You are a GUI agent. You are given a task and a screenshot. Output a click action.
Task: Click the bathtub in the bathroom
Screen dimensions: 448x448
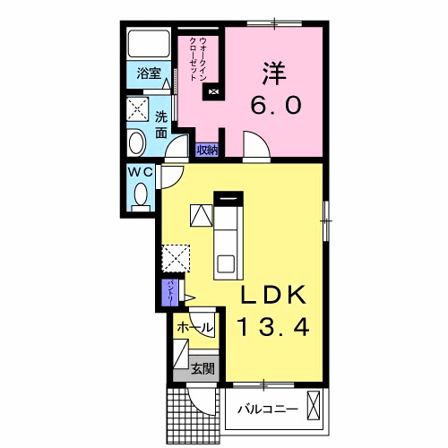(149, 45)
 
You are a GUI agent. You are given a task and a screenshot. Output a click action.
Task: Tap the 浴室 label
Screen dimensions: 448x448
(149, 74)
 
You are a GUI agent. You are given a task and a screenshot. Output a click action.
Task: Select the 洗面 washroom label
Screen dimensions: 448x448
(161, 124)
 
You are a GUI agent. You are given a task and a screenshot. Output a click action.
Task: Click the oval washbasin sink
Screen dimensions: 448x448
(138, 143)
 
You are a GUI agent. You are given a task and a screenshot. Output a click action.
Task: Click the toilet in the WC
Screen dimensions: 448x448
(142, 194)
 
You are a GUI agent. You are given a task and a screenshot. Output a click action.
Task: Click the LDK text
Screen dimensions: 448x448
(273, 295)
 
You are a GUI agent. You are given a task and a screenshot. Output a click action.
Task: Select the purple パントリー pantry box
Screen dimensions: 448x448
(169, 292)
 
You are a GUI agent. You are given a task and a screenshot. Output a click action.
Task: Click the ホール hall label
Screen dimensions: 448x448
(195, 328)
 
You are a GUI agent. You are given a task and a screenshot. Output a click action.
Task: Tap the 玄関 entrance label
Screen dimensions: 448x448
(203, 366)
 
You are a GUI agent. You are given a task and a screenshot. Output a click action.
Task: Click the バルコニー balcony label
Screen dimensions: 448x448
(267, 409)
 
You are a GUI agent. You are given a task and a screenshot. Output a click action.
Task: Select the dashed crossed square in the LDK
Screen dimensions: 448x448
(177, 259)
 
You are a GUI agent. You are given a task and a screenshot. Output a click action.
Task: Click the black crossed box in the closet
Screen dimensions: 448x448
(212, 90)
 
